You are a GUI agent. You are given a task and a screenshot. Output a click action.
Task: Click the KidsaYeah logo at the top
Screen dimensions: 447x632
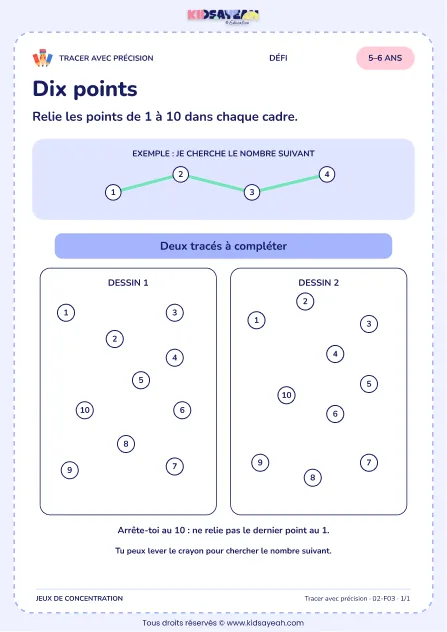point(223,17)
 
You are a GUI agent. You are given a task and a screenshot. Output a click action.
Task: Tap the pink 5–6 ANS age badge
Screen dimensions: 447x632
point(385,58)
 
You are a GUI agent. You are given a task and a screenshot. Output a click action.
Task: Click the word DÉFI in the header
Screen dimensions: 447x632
point(278,58)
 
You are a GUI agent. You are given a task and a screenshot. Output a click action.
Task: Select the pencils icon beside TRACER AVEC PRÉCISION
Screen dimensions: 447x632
point(43,58)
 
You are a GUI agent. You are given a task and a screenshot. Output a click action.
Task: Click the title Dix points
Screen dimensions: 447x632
point(85,89)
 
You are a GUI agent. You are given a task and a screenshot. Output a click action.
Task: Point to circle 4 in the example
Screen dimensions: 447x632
point(327,175)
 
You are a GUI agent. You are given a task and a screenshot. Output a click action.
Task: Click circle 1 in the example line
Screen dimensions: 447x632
point(113,192)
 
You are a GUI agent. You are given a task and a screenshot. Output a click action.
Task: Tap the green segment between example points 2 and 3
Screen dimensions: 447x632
point(216,183)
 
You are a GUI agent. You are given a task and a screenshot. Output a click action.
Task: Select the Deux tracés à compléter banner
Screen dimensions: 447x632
point(223,246)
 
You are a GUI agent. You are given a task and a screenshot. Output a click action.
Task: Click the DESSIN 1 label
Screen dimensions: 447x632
point(128,283)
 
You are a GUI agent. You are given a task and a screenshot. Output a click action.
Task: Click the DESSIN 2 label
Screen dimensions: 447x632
point(318,283)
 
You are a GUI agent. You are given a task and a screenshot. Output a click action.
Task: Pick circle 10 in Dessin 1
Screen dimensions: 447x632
point(85,410)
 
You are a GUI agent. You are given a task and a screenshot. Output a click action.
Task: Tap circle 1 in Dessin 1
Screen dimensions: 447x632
point(66,313)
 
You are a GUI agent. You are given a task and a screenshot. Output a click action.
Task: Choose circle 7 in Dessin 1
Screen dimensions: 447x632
point(175,466)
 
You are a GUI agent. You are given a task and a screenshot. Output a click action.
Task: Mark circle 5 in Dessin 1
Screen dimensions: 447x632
point(141,380)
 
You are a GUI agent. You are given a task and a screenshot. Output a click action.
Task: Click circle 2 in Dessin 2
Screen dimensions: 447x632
point(305,301)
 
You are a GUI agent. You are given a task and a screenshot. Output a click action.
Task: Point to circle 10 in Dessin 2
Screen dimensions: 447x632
point(287,395)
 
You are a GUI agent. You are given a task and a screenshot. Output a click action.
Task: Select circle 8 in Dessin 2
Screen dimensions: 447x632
point(313,478)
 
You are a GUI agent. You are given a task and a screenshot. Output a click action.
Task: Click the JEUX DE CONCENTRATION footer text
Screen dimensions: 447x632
point(79,599)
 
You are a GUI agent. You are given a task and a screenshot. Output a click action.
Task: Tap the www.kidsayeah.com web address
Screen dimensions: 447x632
point(265,623)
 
